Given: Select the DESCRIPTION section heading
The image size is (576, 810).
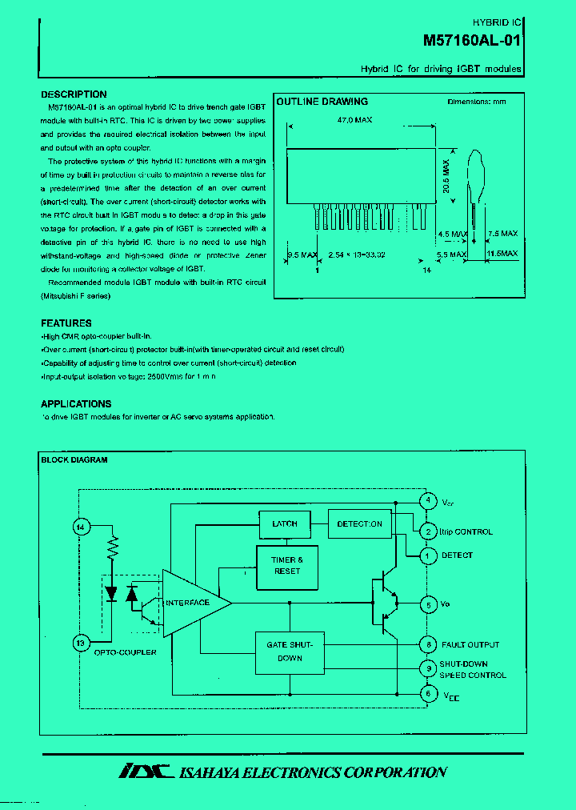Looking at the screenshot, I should (x=74, y=94).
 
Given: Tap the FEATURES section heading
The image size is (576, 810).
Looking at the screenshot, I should (x=66, y=323).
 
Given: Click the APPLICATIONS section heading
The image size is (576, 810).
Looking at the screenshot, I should (x=76, y=404).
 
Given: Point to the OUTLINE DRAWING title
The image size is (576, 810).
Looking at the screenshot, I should (x=322, y=102).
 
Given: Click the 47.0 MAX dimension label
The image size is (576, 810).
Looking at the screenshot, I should (x=354, y=119).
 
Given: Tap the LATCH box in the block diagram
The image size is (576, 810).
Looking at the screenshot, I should (x=285, y=524).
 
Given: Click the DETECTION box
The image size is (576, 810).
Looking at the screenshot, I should (x=359, y=524).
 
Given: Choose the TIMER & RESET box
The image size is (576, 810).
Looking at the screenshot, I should (x=287, y=566).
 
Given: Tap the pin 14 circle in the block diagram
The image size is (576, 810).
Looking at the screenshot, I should (x=80, y=527).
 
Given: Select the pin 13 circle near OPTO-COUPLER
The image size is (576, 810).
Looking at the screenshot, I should (x=80, y=643).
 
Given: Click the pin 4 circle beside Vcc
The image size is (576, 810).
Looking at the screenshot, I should (x=428, y=501).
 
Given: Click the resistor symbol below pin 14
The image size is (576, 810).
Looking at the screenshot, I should (x=114, y=550).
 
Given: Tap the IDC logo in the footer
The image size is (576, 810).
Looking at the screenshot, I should (x=146, y=772).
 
